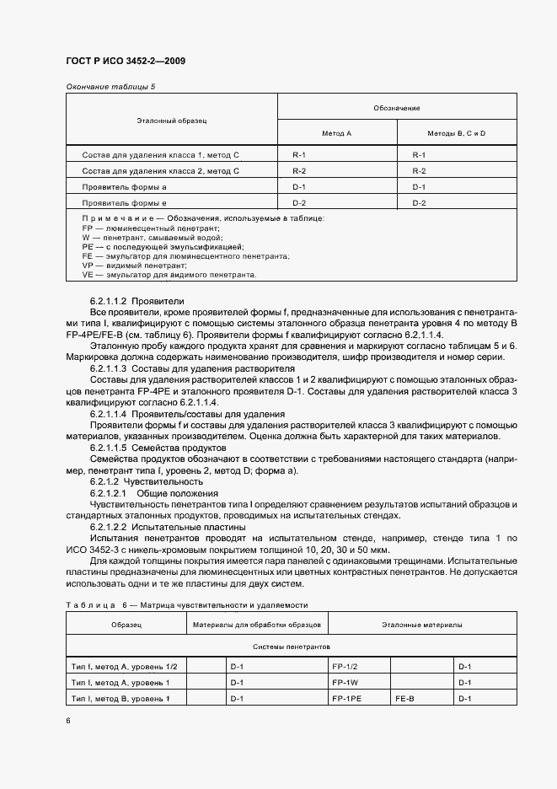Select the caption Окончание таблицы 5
click(110, 87)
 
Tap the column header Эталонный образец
click(172, 121)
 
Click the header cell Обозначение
click(396, 109)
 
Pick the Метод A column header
click(337, 133)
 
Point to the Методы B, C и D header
click(457, 133)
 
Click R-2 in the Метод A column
click(299, 171)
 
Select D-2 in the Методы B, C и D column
click(420, 203)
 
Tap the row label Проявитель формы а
click(125, 187)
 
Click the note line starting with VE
click(169, 275)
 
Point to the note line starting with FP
click(151, 228)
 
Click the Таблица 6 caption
click(187, 604)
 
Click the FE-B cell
click(406, 699)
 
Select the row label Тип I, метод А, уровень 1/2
click(125, 667)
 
